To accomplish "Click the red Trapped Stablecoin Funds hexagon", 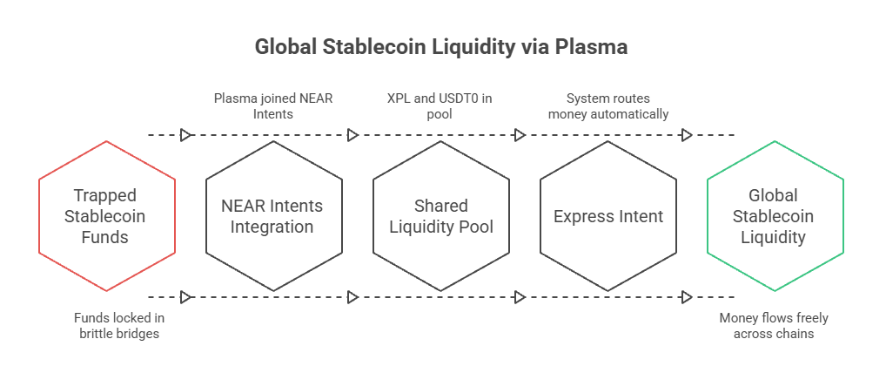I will (107, 216).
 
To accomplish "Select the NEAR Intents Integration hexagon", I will (274, 216).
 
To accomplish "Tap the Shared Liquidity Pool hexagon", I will (441, 216).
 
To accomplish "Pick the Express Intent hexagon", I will (608, 216).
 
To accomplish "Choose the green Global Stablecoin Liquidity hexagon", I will (775, 216).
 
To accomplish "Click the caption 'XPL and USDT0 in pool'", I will (441, 105).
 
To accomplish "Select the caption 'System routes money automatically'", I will (607, 105).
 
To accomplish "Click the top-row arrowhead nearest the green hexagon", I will (687, 135).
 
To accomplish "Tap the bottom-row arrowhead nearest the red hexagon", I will (185, 297).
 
